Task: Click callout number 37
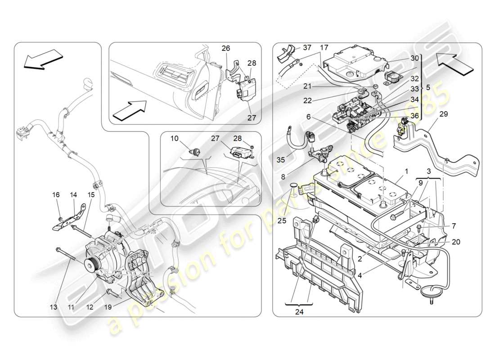(x=306, y=48)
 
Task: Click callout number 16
(x=56, y=195)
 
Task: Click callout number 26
(x=225, y=48)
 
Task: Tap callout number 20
(x=456, y=242)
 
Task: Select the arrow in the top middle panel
(x=131, y=111)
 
